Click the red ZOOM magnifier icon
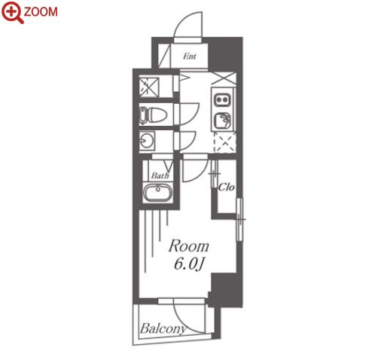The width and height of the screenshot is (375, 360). [x=13, y=12]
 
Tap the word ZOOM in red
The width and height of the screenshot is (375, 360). [x=41, y=12]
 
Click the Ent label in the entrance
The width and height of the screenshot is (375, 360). [x=190, y=56]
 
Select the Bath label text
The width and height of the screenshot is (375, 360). [x=160, y=175]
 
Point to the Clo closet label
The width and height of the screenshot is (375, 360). [x=227, y=187]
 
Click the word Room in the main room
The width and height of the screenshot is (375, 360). [x=189, y=246]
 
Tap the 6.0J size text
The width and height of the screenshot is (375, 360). [x=188, y=264]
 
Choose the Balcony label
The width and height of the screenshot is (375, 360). [x=163, y=328]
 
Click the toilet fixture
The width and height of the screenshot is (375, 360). [x=153, y=116]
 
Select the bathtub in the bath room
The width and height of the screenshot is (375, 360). [x=157, y=192]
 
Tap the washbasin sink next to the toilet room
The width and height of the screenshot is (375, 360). [x=147, y=141]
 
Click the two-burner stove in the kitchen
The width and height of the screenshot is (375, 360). [x=222, y=99]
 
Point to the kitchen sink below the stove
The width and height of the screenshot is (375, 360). [x=222, y=120]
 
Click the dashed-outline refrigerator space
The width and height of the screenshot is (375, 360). [x=224, y=142]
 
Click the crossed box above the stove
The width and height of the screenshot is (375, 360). [x=224, y=78]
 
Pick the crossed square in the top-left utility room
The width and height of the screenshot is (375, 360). [x=149, y=87]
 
